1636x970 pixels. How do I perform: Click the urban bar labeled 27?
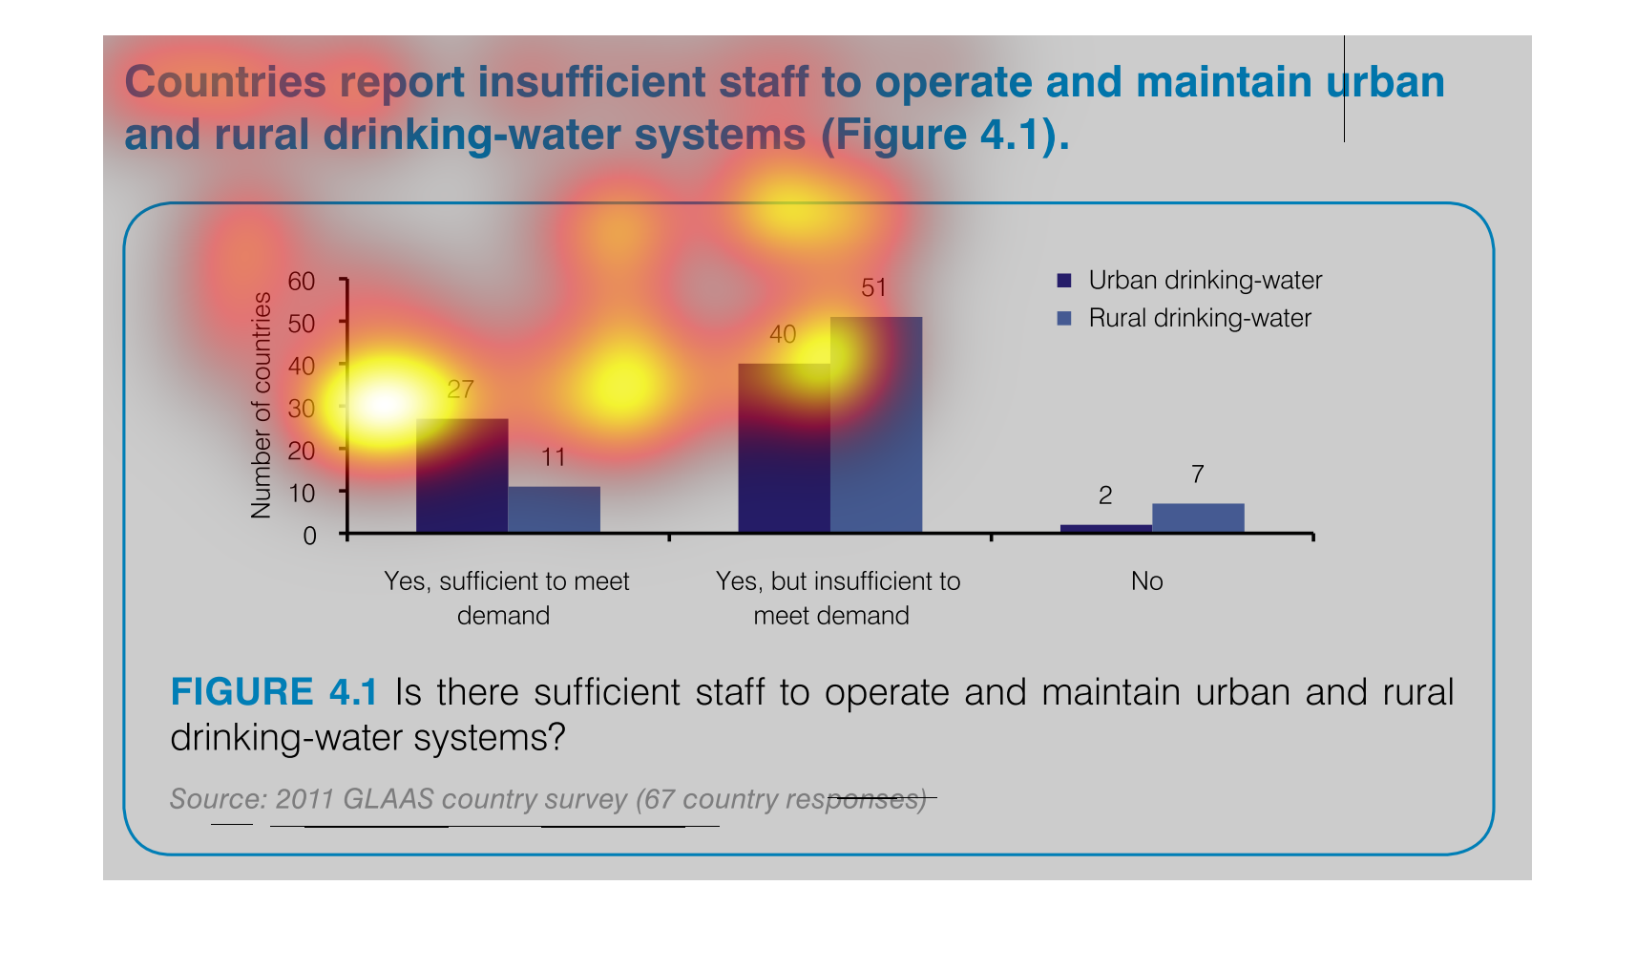point(462,475)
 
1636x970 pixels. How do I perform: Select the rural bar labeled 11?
point(555,509)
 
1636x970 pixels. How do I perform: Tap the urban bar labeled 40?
point(785,448)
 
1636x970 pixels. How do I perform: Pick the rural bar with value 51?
point(876,424)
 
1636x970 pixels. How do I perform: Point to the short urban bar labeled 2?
point(1106,528)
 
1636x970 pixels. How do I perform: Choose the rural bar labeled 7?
point(1199,517)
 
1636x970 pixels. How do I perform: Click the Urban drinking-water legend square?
point(1064,281)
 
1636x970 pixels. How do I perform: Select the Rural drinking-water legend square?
point(1064,319)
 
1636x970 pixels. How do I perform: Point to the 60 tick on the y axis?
point(301,281)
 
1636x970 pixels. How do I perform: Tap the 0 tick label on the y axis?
point(309,537)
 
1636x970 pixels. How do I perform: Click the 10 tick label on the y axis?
point(301,494)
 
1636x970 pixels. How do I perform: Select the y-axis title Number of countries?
point(261,406)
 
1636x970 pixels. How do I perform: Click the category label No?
point(1146,581)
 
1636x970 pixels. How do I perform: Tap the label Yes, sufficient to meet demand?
point(506,599)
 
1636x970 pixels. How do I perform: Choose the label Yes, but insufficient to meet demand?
point(838,599)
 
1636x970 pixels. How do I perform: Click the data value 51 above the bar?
point(873,287)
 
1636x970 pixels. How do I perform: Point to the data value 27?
point(460,390)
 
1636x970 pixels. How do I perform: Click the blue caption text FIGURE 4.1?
point(274,692)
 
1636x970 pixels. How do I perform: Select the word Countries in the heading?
point(225,82)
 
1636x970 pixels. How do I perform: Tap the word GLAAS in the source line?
point(388,799)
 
